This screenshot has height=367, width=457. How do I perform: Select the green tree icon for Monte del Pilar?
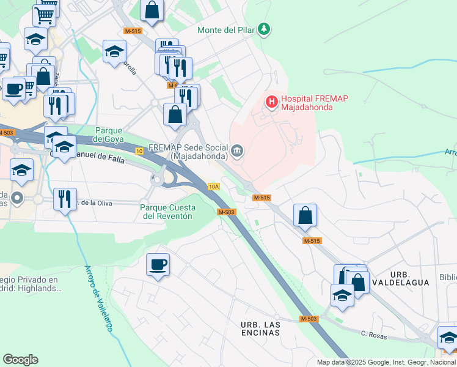coord(263,29)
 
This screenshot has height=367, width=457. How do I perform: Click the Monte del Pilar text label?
coord(225,30)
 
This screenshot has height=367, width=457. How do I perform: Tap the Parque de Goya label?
coord(110,134)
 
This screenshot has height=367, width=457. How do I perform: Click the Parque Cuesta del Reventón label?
coord(166,212)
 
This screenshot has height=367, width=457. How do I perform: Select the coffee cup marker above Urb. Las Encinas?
coord(158,264)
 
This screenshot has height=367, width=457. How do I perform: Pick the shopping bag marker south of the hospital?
coord(305,215)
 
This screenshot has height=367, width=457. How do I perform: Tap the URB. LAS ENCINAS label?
coord(260,328)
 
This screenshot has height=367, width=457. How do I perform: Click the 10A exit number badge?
coord(213,187)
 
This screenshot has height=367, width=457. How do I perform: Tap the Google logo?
coord(20,359)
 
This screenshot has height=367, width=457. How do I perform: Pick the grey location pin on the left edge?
coord(17,198)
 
